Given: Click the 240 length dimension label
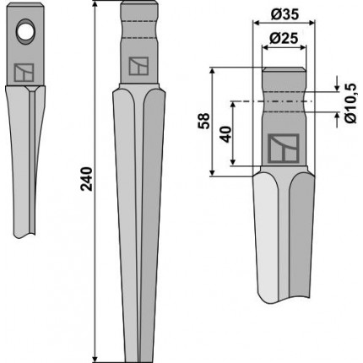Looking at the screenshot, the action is [x=87, y=179].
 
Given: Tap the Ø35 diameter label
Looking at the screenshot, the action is [x=284, y=14].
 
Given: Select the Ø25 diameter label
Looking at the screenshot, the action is [x=284, y=38].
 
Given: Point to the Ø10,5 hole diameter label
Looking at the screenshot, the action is [x=351, y=103].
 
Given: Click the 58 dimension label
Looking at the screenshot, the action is [x=204, y=121].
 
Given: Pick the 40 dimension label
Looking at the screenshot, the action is [x=226, y=134].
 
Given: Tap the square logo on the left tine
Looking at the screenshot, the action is [x=24, y=73].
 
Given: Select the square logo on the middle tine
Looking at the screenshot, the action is [x=138, y=66].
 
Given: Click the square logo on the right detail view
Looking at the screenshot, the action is [x=283, y=149].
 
